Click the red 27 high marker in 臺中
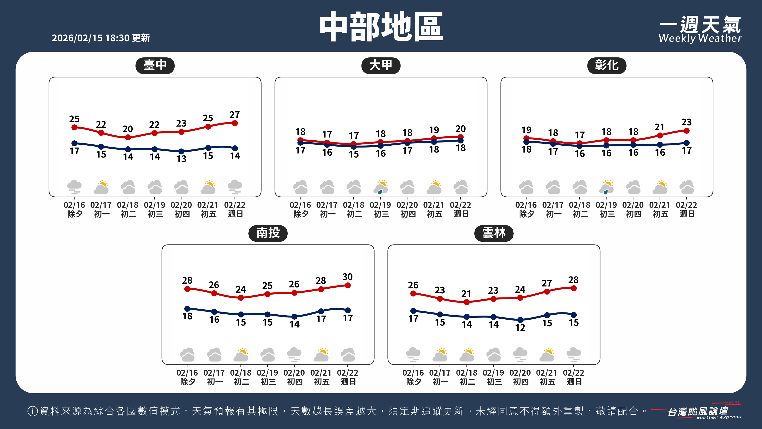click(235, 123)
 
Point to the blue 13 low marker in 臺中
click(181, 152)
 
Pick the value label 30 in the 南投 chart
click(348, 277)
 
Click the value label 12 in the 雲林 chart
click(520, 327)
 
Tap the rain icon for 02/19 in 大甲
click(381, 187)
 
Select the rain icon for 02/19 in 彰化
click(607, 187)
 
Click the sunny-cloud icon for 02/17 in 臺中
click(101, 187)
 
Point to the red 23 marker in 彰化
click(687, 131)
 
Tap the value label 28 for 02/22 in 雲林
click(573, 280)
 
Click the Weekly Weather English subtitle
click(700, 38)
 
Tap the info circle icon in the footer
click(33, 411)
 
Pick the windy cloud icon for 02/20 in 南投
click(294, 355)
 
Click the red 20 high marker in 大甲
click(461, 137)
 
